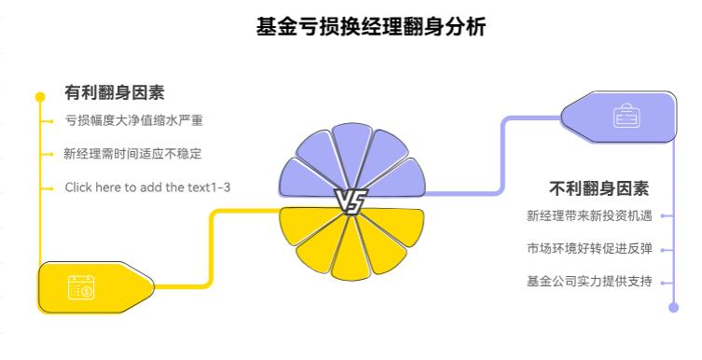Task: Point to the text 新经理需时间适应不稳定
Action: pyautogui.click(x=133, y=154)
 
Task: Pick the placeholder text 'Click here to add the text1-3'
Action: pyautogui.click(x=147, y=187)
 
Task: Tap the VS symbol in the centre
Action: pyautogui.click(x=351, y=201)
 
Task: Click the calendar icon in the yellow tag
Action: pyautogui.click(x=81, y=288)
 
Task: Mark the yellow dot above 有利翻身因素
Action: pyautogui.click(x=40, y=96)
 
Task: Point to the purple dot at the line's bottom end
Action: pyautogui.click(x=674, y=306)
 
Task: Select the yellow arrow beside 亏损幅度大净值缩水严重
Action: pyautogui.click(x=48, y=121)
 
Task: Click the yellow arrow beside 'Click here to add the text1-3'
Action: pyautogui.click(x=48, y=187)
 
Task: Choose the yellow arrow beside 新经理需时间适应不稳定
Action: pyautogui.click(x=48, y=154)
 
